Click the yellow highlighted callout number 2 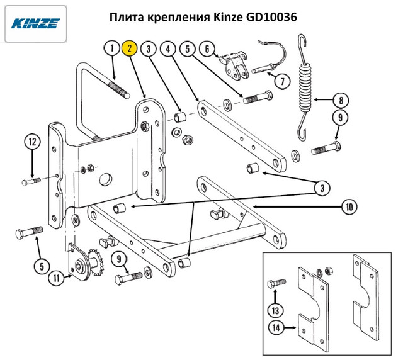(130, 48)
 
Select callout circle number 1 (111, 48)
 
